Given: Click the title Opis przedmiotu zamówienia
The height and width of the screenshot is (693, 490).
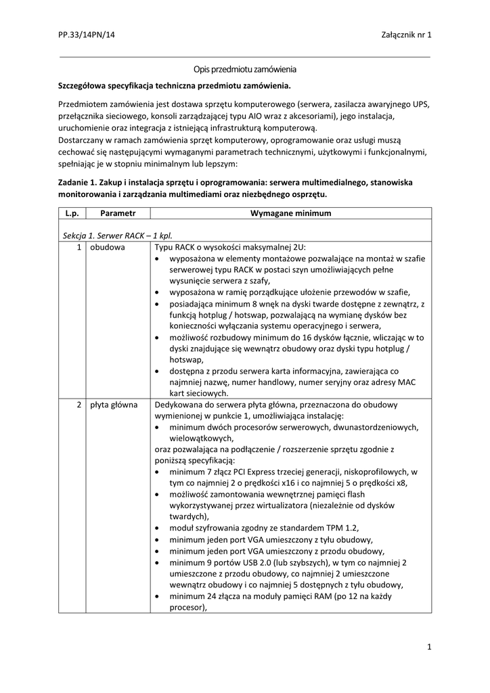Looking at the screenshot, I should click(x=244, y=70).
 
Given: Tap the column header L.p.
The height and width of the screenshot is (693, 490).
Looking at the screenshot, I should click(x=72, y=213).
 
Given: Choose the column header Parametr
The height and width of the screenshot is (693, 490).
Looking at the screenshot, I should click(x=118, y=213).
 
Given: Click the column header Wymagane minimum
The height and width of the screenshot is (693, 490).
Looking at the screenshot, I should click(x=291, y=213).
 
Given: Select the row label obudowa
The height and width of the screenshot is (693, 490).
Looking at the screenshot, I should click(x=107, y=248).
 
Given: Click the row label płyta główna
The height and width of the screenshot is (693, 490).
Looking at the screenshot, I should click(x=114, y=405).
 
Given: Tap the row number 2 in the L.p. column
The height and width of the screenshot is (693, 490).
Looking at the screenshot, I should click(x=79, y=405).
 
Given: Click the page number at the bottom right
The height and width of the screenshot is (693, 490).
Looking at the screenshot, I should click(x=429, y=648).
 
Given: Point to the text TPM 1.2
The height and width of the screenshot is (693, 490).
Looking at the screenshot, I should click(x=341, y=528).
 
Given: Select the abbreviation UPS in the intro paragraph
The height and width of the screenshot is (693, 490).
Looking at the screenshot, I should click(x=421, y=105).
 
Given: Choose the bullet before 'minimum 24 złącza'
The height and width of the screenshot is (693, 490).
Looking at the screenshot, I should click(x=158, y=596).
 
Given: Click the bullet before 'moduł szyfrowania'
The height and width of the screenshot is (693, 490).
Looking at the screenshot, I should click(x=158, y=528).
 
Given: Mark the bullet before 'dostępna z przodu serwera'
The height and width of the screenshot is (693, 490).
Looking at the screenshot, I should click(x=158, y=371).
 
